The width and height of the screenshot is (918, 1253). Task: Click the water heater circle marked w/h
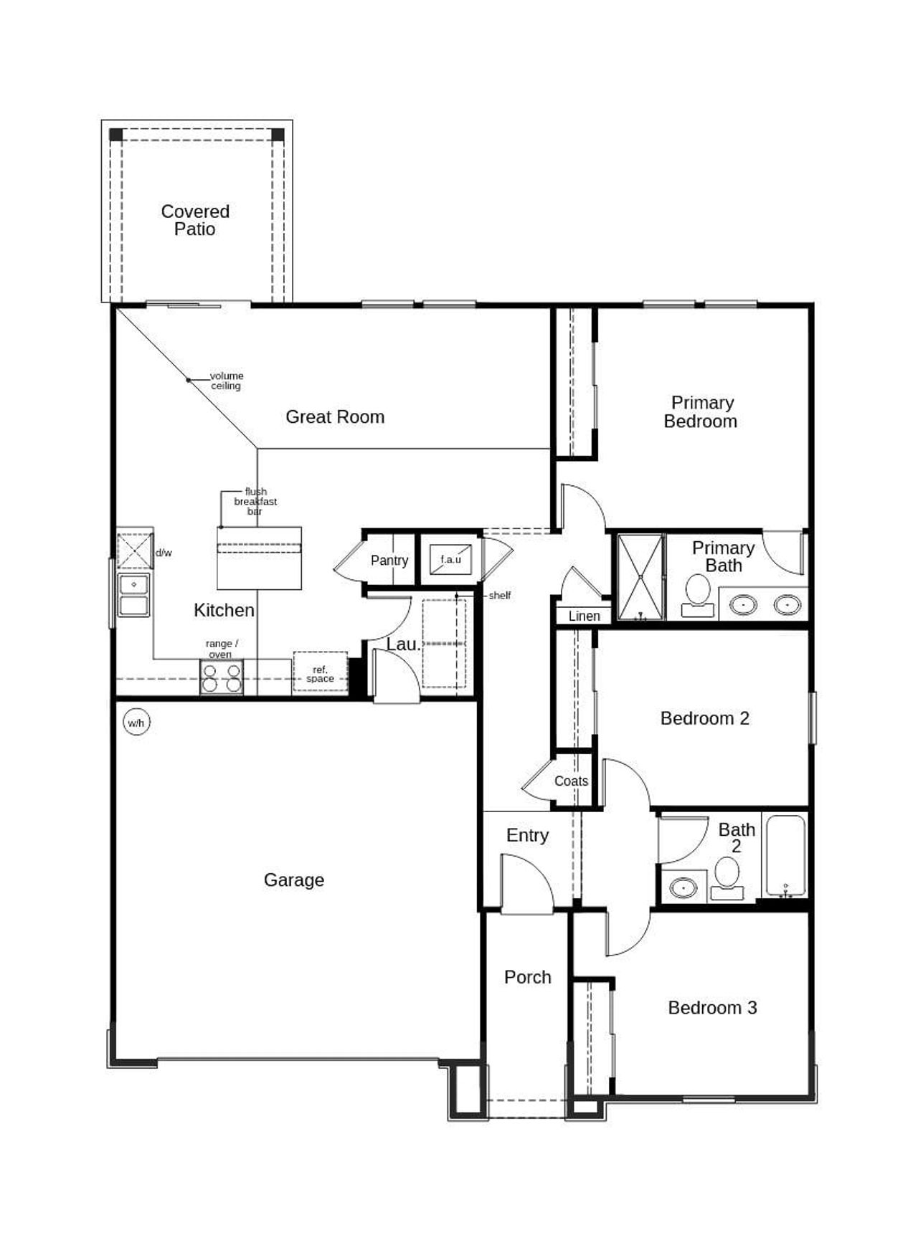[x=136, y=723]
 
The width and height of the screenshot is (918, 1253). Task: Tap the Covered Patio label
[x=195, y=220]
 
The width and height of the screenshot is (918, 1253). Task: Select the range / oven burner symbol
[x=221, y=677]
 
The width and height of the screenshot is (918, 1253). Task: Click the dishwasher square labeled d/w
[x=135, y=551]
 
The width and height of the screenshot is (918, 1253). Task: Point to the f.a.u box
[x=450, y=560]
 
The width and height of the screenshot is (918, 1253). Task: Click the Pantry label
[x=389, y=561]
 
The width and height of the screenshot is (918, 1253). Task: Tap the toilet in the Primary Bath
[x=697, y=596]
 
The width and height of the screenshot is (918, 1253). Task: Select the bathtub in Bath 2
[x=785, y=855]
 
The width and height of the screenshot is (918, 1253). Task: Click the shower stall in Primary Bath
[x=640, y=576]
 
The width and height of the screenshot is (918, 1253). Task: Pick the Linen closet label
[x=584, y=616]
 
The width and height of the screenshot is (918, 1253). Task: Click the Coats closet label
[x=571, y=781]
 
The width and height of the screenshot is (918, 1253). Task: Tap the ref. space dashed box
[x=320, y=672]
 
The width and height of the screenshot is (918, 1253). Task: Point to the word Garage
[x=293, y=880]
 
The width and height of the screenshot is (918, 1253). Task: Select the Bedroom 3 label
[x=712, y=1008]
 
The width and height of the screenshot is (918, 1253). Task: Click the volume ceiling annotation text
[x=226, y=381]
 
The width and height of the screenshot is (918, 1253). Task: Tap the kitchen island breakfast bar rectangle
[x=259, y=558]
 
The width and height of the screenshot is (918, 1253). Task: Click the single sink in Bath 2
[x=683, y=888]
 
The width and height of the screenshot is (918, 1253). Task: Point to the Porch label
[x=527, y=978]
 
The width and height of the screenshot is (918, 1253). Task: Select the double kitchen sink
[x=134, y=595]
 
